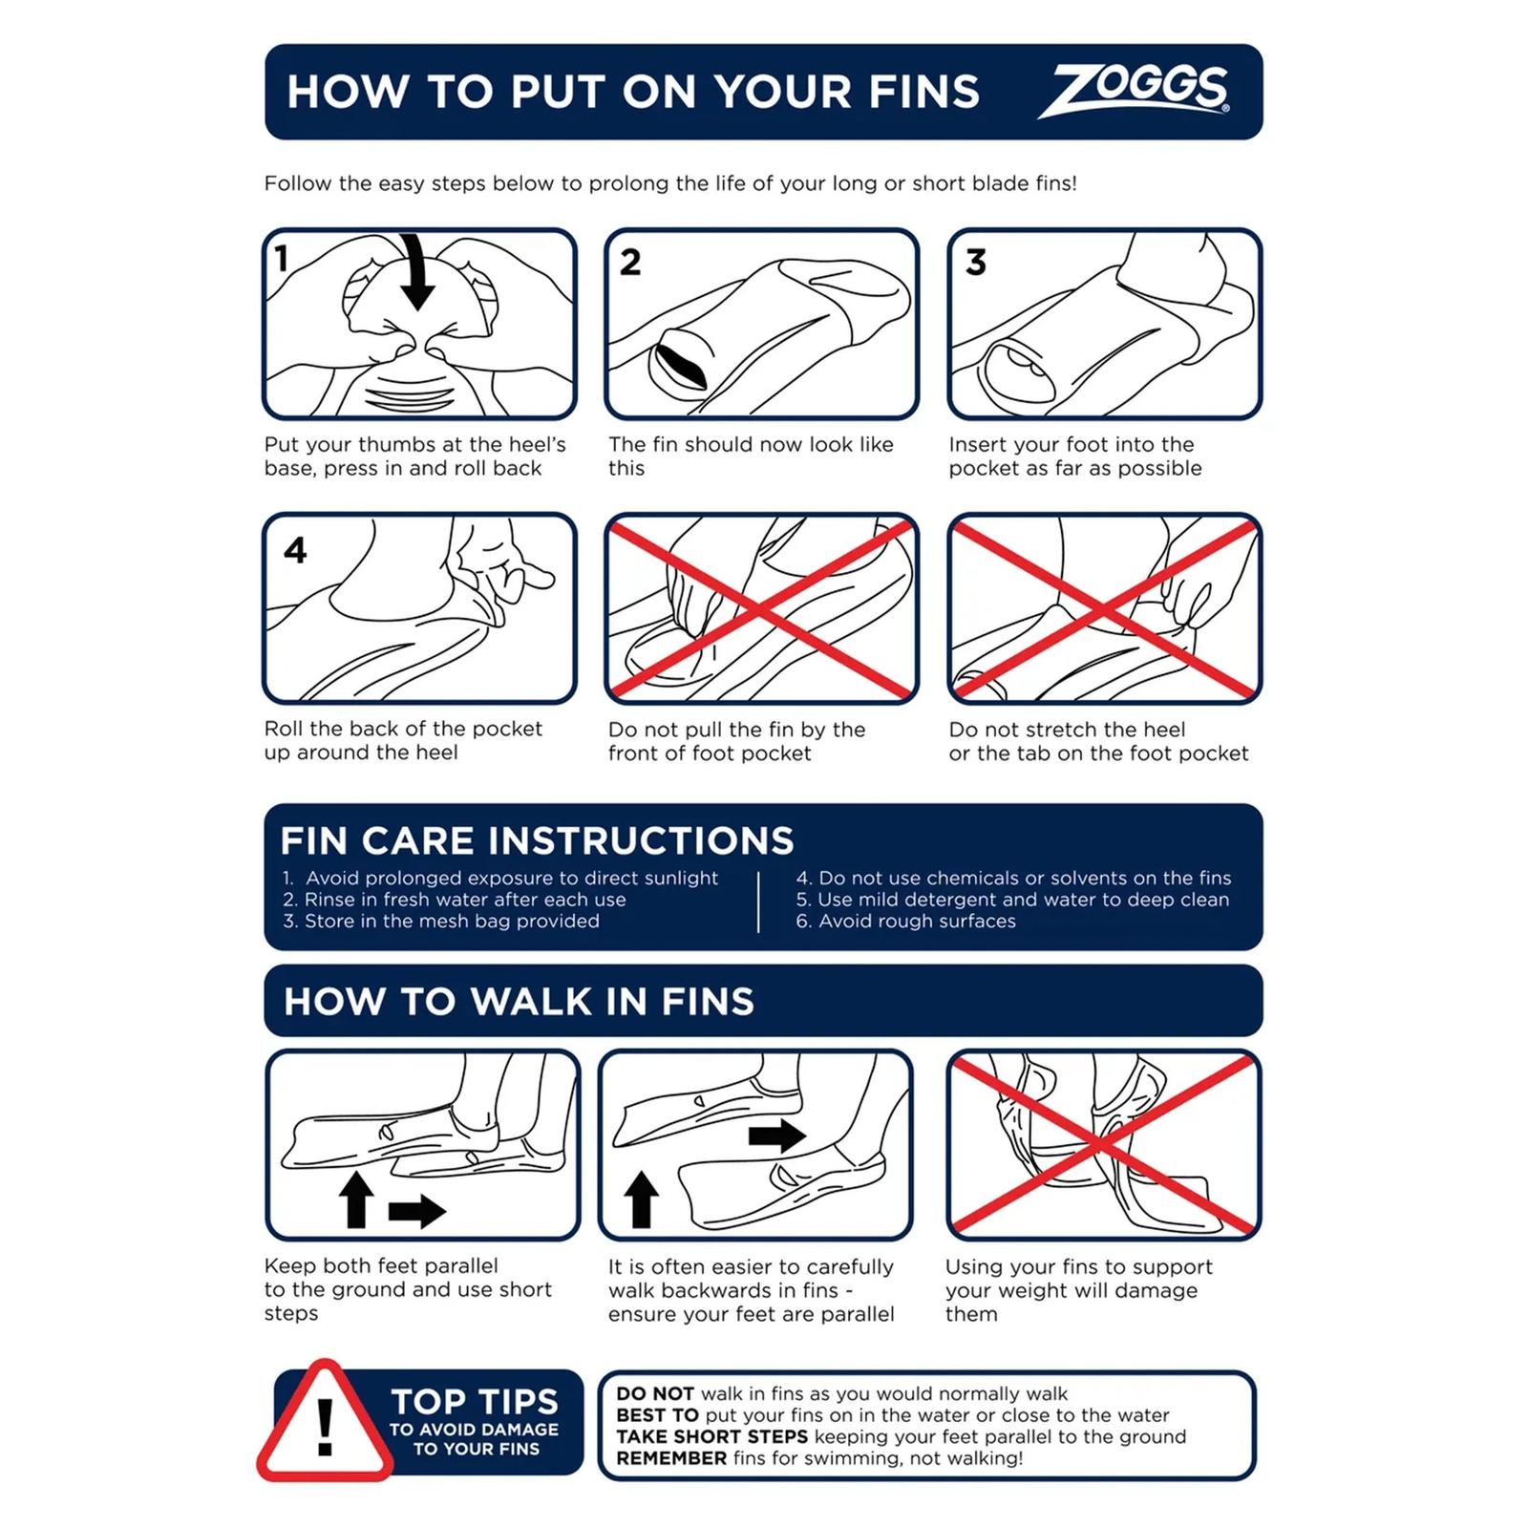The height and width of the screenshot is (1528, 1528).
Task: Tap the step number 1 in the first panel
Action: pyautogui.click(x=281, y=258)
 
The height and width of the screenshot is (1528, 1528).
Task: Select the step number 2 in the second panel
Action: pyautogui.click(x=630, y=262)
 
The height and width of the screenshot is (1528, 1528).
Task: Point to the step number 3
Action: pyautogui.click(x=975, y=262)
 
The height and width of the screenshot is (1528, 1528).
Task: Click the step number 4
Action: pyautogui.click(x=295, y=549)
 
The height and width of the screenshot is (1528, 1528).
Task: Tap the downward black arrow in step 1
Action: pyautogui.click(x=416, y=272)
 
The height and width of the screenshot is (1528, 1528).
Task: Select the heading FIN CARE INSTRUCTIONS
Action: pyautogui.click(x=537, y=840)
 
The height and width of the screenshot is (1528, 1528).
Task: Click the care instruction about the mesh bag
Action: pyautogui.click(x=441, y=922)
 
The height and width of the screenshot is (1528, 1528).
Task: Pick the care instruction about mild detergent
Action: pyautogui.click(x=1012, y=900)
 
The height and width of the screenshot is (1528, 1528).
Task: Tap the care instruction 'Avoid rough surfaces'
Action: pyautogui.click(x=905, y=922)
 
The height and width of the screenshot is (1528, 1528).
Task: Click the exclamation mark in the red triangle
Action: pyautogui.click(x=325, y=1428)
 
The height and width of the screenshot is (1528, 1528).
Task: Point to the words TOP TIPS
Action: pyautogui.click(x=475, y=1401)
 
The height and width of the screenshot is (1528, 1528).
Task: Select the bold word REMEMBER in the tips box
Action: pyautogui.click(x=672, y=1458)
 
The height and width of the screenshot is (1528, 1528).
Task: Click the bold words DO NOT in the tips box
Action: pyautogui.click(x=655, y=1393)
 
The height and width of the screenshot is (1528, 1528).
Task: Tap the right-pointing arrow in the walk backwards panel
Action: pyautogui.click(x=777, y=1135)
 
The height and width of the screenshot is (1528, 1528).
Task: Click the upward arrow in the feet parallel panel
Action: pyautogui.click(x=356, y=1199)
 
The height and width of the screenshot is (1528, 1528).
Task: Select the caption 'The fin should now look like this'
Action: pyautogui.click(x=751, y=456)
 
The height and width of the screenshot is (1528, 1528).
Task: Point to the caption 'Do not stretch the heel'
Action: pyautogui.click(x=1067, y=730)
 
